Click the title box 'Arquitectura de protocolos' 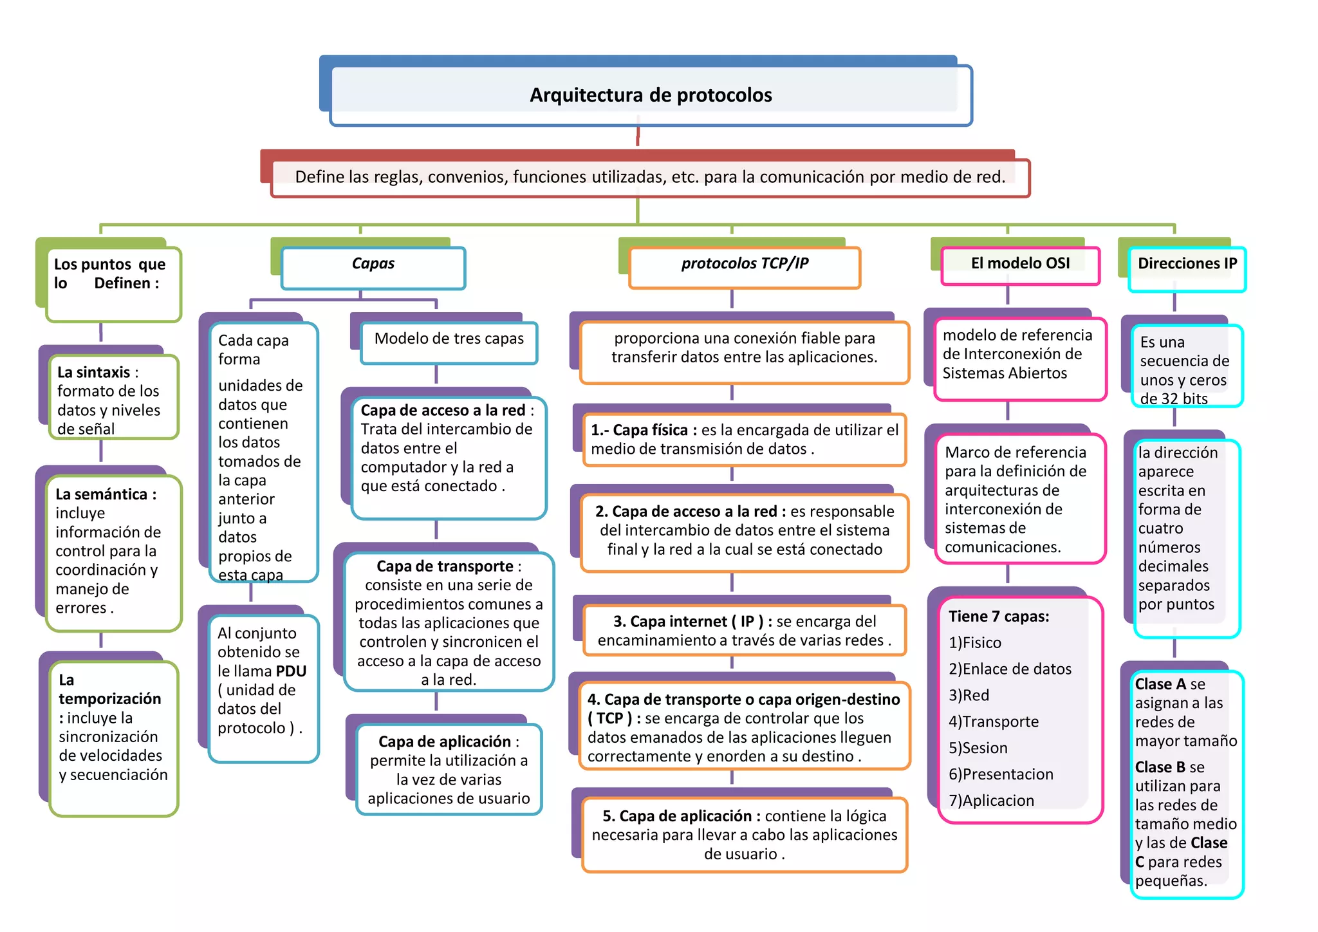651,95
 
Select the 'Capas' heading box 373,264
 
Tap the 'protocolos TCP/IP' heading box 745,264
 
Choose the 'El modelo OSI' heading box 1020,264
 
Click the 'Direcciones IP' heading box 1187,264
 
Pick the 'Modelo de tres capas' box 449,339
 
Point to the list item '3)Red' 969,696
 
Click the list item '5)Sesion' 978,749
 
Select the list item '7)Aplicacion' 991,801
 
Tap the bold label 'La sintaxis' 94,373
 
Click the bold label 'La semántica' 102,494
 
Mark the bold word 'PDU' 291,671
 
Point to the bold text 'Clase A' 1160,684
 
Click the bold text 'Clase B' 1160,767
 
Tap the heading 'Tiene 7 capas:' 998,617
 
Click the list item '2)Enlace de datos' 1010,669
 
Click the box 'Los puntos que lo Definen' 110,274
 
